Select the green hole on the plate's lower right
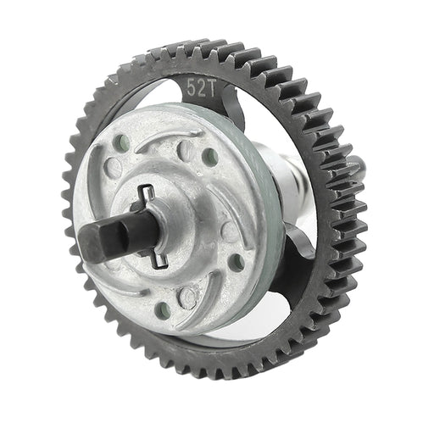[x=236, y=263]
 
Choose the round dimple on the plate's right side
[x=229, y=230]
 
